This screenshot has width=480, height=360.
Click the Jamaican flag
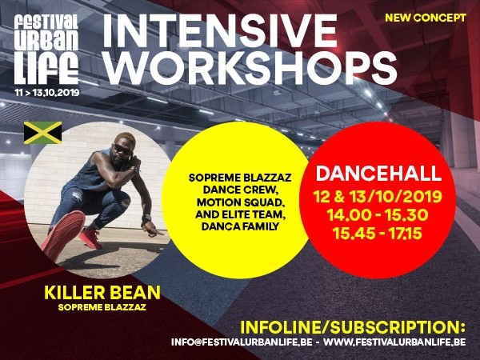[43, 133]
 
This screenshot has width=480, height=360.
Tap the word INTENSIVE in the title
[220, 30]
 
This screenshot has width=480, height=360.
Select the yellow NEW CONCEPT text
[426, 18]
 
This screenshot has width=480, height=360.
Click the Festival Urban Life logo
[46, 50]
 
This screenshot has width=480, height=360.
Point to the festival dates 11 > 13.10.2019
[47, 93]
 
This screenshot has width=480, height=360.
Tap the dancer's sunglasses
[123, 150]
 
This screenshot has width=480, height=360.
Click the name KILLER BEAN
[102, 293]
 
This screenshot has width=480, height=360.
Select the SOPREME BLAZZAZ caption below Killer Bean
[102, 307]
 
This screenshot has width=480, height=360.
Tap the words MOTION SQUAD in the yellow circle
[241, 202]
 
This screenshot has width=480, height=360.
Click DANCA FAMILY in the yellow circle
[240, 226]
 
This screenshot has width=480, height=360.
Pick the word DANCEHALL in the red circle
[378, 174]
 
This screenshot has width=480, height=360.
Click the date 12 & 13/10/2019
[378, 197]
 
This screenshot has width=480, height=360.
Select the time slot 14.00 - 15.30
[378, 215]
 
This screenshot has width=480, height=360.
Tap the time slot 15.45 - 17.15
[378, 234]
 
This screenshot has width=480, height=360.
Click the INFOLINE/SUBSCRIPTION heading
[353, 327]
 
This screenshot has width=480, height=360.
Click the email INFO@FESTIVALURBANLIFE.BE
[242, 342]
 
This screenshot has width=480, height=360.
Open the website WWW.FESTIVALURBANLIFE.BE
[394, 342]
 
